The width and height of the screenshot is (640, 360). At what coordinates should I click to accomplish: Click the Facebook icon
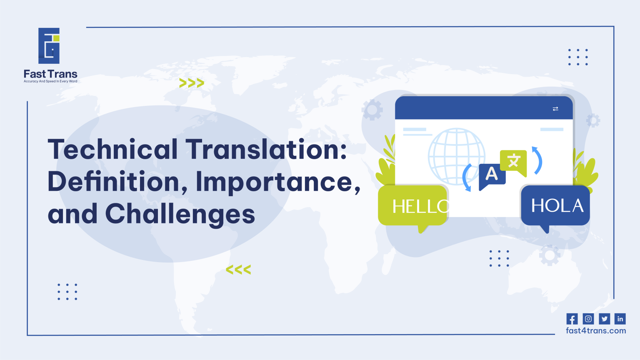[x=572, y=319]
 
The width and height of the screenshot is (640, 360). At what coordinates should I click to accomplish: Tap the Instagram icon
[x=588, y=319]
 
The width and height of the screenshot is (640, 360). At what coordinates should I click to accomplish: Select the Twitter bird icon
[x=604, y=319]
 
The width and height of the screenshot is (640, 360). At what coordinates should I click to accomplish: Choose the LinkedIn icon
[x=620, y=319]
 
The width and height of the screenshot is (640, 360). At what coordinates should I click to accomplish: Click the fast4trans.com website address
[x=596, y=331]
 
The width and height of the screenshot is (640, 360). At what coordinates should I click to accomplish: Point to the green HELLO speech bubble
[x=412, y=206]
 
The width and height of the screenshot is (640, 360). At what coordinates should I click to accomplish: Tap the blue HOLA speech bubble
[x=556, y=206]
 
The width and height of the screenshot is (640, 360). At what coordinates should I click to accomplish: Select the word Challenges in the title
[x=180, y=214]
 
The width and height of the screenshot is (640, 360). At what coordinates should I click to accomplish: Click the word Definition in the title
[x=113, y=182]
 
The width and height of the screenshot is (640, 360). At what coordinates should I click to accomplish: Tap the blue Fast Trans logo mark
[x=49, y=46]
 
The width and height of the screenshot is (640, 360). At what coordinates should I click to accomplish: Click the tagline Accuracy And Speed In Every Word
[x=50, y=81]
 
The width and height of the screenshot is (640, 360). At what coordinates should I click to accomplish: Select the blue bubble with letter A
[x=492, y=175]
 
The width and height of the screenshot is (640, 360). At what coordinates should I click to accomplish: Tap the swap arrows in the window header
[x=555, y=109]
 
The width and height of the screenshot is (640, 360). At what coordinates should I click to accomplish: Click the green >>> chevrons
[x=192, y=83]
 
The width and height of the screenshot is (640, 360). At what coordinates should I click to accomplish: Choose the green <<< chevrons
[x=238, y=270]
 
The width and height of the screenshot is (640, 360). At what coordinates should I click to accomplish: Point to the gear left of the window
[x=372, y=110]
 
